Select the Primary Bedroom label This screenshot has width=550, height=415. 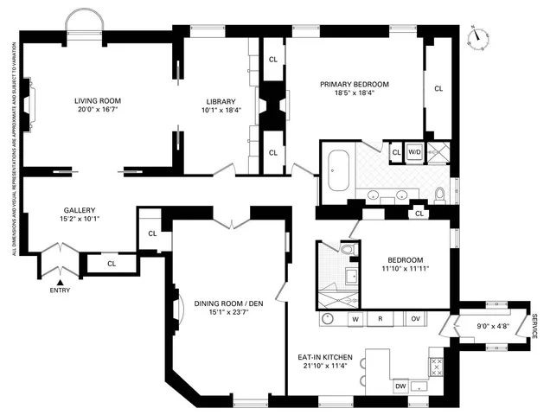coord(354,84)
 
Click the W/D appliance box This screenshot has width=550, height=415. coord(414,152)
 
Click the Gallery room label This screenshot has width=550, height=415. coord(79,210)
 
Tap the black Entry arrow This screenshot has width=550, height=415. coord(61,281)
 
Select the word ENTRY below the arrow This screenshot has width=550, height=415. coord(61,290)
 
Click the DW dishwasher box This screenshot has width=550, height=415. coord(400,386)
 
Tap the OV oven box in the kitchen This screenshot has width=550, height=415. coord(414,319)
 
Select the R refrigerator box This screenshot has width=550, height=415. coord(381,319)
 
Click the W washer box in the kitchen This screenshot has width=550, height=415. coord(355,319)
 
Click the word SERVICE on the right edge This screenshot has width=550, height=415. coord(534,327)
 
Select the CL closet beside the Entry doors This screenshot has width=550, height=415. coord(112,264)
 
